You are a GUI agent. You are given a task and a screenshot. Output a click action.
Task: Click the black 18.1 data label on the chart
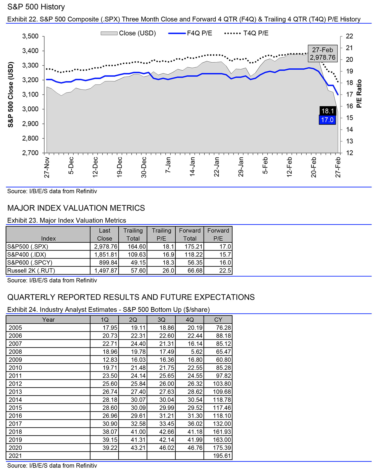click(x=327, y=111)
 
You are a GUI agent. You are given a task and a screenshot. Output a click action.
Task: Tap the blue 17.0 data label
click(x=327, y=120)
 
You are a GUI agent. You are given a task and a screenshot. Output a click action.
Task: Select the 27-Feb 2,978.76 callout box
click(x=322, y=54)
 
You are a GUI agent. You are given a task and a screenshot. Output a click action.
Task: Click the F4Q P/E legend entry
click(x=190, y=33)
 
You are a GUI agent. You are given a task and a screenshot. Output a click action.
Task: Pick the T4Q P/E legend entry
click(x=246, y=33)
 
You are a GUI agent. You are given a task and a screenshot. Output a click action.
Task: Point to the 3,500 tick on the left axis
click(x=30, y=36)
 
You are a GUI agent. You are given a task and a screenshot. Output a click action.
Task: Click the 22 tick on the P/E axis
click(x=349, y=36)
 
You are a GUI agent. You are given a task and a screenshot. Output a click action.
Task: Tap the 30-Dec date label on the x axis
click(x=144, y=167)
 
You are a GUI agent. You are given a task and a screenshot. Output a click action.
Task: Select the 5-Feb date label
click(x=265, y=165)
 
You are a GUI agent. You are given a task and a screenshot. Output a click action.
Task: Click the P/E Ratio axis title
click(x=359, y=94)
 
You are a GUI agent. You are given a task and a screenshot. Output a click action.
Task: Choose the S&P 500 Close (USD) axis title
click(x=11, y=95)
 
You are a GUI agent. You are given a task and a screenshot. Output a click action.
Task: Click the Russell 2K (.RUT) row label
click(x=31, y=271)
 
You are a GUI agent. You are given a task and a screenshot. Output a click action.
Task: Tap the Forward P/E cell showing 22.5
click(x=225, y=271)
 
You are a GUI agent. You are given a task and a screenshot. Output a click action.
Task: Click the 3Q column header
click(x=161, y=320)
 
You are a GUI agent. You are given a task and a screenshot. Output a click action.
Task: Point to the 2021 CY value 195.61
click(x=222, y=456)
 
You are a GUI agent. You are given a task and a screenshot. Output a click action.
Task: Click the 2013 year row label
click(x=15, y=392)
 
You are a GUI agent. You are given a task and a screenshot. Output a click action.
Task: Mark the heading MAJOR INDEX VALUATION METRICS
click(x=76, y=208)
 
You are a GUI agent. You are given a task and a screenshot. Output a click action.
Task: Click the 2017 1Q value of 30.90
click(x=110, y=424)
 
